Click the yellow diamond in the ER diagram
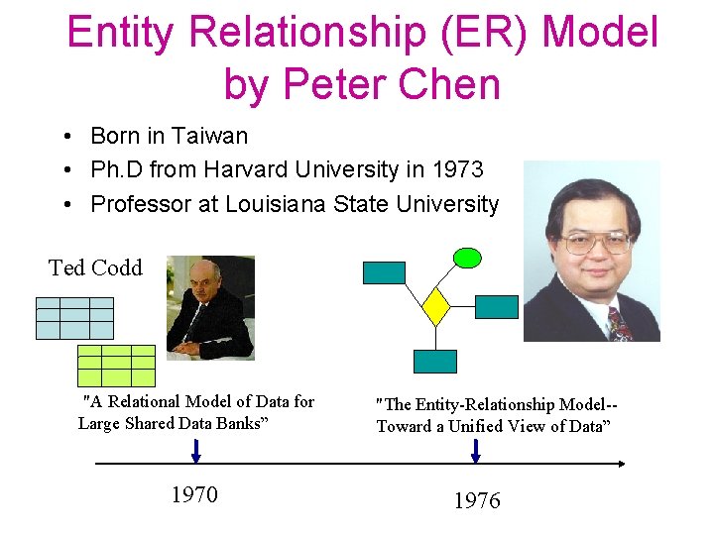point(436,306)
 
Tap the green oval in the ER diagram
point(467,258)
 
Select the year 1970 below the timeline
point(194,494)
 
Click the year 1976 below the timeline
point(477,501)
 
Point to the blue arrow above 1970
point(195,451)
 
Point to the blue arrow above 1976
point(476,451)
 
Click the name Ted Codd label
point(95,267)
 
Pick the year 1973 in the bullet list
point(457,170)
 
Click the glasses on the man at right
point(595,242)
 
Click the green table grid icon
point(116,366)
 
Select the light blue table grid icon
point(74,318)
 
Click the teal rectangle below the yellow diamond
point(435,361)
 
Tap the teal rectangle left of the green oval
point(384,272)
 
